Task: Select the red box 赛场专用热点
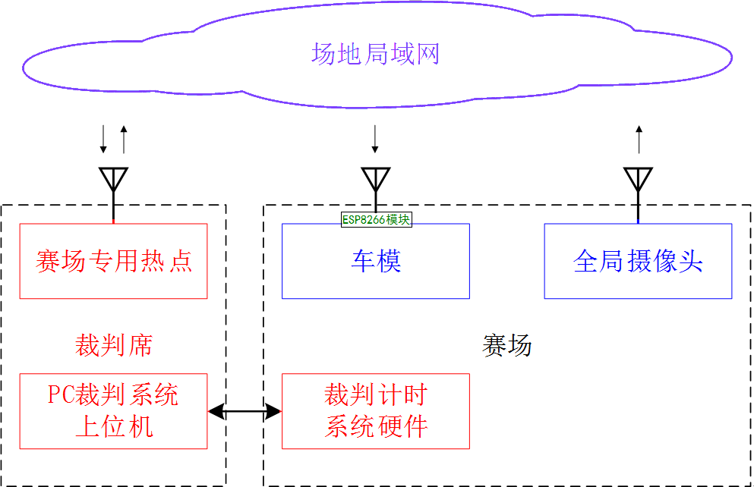coord(113,261)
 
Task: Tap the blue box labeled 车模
coord(376,261)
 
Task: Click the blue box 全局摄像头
coord(638,261)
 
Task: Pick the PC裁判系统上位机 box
coord(113,410)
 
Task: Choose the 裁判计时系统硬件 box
coord(376,410)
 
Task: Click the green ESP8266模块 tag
coord(376,219)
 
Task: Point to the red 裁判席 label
coord(113,345)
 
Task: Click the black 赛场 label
coord(506,345)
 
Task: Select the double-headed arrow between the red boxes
coord(244,411)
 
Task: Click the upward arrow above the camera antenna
coord(639,140)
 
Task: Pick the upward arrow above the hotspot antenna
coord(124,140)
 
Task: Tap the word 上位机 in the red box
coord(113,426)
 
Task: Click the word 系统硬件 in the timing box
coord(376,426)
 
